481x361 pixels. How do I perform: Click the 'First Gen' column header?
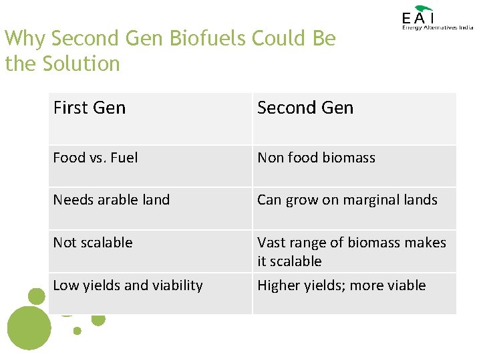[x=90, y=108]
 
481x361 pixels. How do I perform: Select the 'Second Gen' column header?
[x=305, y=108]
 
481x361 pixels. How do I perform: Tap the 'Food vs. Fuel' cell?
[x=96, y=158]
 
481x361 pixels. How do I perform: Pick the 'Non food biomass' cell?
[x=316, y=158]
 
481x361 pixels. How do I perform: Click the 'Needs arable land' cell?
[x=112, y=200]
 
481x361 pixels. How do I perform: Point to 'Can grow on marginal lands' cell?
[x=347, y=200]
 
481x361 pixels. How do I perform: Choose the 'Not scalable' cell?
[x=93, y=243]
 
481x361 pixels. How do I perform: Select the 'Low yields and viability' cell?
[x=128, y=285]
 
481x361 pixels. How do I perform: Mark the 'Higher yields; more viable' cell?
[x=341, y=285]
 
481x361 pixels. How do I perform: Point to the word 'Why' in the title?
[x=25, y=39]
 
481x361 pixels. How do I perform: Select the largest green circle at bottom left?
[x=28, y=328]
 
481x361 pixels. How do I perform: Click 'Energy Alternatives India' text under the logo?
[x=438, y=27]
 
